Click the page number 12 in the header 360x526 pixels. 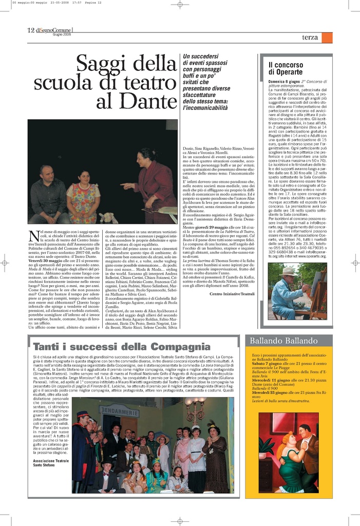(x=31, y=30)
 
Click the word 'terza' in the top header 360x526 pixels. (x=310, y=37)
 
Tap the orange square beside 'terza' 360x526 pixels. (x=327, y=37)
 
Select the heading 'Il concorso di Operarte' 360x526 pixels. (x=286, y=68)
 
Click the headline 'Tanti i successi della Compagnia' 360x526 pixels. (x=122, y=346)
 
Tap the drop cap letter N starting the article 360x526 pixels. (x=33, y=236)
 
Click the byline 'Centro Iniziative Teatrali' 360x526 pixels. (x=232, y=294)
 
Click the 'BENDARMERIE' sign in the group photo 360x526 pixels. (x=119, y=412)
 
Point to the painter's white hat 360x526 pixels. (x=289, y=270)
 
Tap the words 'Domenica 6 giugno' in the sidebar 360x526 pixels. (x=284, y=82)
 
